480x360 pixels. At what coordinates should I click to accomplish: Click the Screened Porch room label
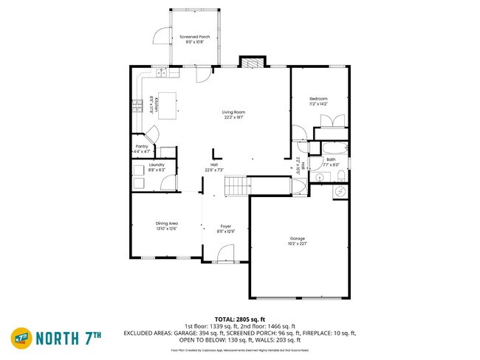[x=196, y=35]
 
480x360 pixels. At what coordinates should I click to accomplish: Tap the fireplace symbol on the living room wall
[x=251, y=63]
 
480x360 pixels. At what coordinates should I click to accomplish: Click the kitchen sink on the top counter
[x=162, y=72]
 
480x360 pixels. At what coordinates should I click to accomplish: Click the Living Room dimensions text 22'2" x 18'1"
[x=233, y=117]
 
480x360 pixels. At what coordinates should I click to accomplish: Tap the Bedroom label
[x=318, y=98]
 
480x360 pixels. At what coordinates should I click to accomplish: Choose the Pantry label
[x=142, y=146]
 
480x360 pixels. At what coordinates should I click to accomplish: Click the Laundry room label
[x=156, y=165]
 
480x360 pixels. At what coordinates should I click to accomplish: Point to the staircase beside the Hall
[x=236, y=185]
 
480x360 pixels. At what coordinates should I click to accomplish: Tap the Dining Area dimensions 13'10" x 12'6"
[x=166, y=229]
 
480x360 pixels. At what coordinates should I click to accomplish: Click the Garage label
[x=298, y=238]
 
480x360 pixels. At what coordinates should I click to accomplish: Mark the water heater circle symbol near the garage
[x=340, y=191]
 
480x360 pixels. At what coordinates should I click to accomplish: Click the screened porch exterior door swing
[x=160, y=35]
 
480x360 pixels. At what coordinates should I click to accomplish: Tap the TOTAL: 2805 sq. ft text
[x=239, y=319]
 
